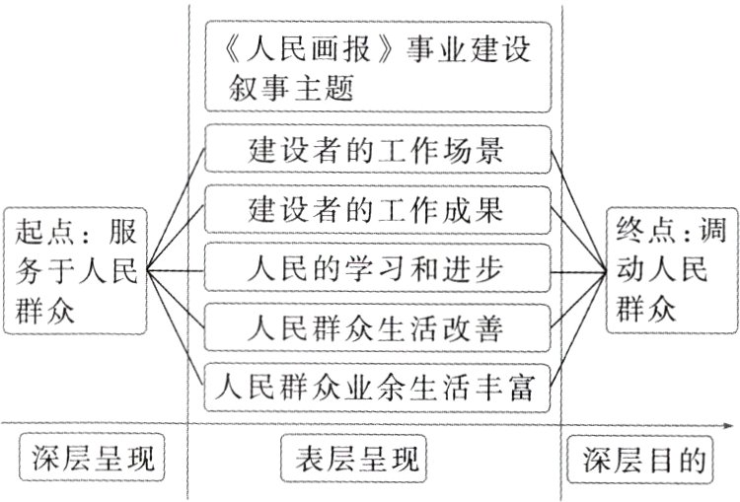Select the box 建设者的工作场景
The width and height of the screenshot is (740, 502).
click(375, 153)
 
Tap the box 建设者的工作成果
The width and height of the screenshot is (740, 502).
click(375, 210)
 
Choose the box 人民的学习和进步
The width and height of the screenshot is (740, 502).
click(375, 267)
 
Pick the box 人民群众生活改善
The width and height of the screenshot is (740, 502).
click(375, 324)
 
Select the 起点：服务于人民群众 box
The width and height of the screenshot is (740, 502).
click(74, 268)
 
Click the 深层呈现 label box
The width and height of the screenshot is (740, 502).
click(90, 461)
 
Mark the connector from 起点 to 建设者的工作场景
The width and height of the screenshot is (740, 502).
click(177, 208)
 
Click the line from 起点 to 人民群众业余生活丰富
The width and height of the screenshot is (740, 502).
click(177, 326)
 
